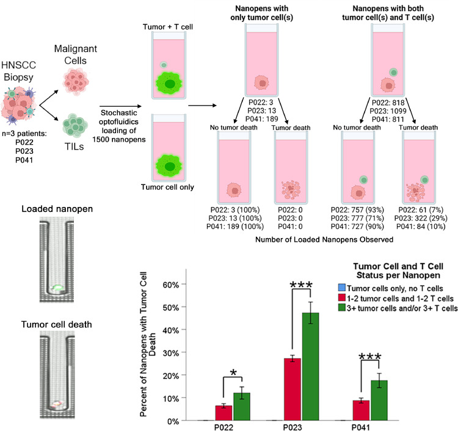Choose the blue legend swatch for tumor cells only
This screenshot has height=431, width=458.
(341, 287)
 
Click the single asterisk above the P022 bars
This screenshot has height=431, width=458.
(234, 373)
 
